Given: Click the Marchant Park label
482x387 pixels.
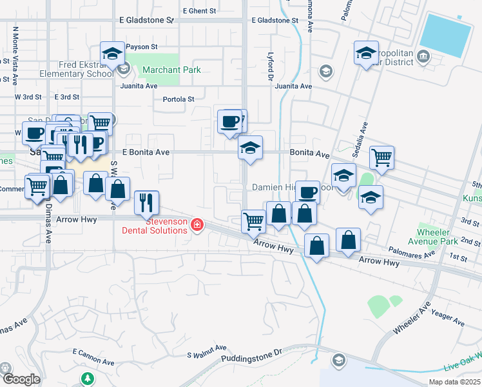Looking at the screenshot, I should (171, 70).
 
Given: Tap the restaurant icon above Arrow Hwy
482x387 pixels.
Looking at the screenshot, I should (147, 203).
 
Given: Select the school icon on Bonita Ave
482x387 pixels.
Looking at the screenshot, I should (250, 148).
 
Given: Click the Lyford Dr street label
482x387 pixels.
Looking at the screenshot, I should (271, 66).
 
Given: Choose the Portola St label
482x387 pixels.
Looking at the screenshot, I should (178, 99).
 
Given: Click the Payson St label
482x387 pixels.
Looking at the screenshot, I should (142, 47).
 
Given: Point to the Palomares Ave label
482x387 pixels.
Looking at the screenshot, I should (412, 251).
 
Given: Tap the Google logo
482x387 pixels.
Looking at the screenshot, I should (21, 379).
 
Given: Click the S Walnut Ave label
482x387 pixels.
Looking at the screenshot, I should (207, 350).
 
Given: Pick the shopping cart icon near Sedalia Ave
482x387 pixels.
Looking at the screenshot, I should (381, 157).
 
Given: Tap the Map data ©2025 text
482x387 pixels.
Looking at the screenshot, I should (454, 382).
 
